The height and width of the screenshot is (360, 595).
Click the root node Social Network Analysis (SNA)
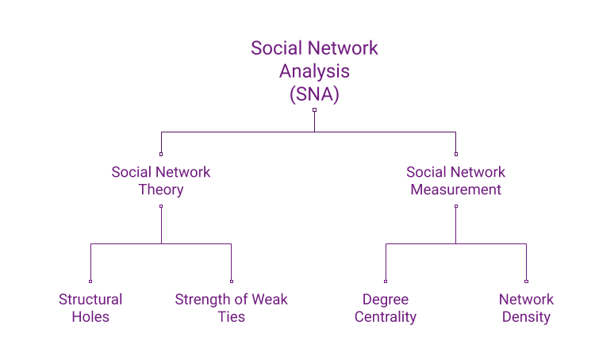tap(314, 71)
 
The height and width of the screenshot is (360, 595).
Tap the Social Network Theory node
tap(161, 181)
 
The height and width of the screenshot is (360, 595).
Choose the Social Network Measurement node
tap(455, 181)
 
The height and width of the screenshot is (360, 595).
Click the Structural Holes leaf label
tap(90, 308)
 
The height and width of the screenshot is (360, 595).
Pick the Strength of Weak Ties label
tap(231, 308)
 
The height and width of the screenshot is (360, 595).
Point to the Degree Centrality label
tap(386, 308)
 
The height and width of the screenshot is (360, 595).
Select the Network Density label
tap(526, 308)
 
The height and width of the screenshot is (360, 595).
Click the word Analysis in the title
tap(314, 71)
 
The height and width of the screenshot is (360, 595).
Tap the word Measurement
tap(455, 190)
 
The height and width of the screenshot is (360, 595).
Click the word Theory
tap(161, 190)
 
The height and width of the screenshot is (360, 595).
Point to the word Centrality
tap(386, 316)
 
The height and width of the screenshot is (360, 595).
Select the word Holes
tap(90, 316)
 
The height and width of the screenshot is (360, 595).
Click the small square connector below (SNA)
tap(314, 109)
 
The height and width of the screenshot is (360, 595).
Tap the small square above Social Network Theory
tap(161, 154)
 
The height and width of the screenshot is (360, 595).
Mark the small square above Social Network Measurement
tap(455, 154)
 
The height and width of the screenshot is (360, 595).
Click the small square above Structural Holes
tap(90, 281)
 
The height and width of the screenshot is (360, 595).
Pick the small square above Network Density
tap(526, 281)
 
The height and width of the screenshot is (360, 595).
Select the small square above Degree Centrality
tap(386, 281)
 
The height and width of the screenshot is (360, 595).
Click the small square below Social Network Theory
tap(161, 206)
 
